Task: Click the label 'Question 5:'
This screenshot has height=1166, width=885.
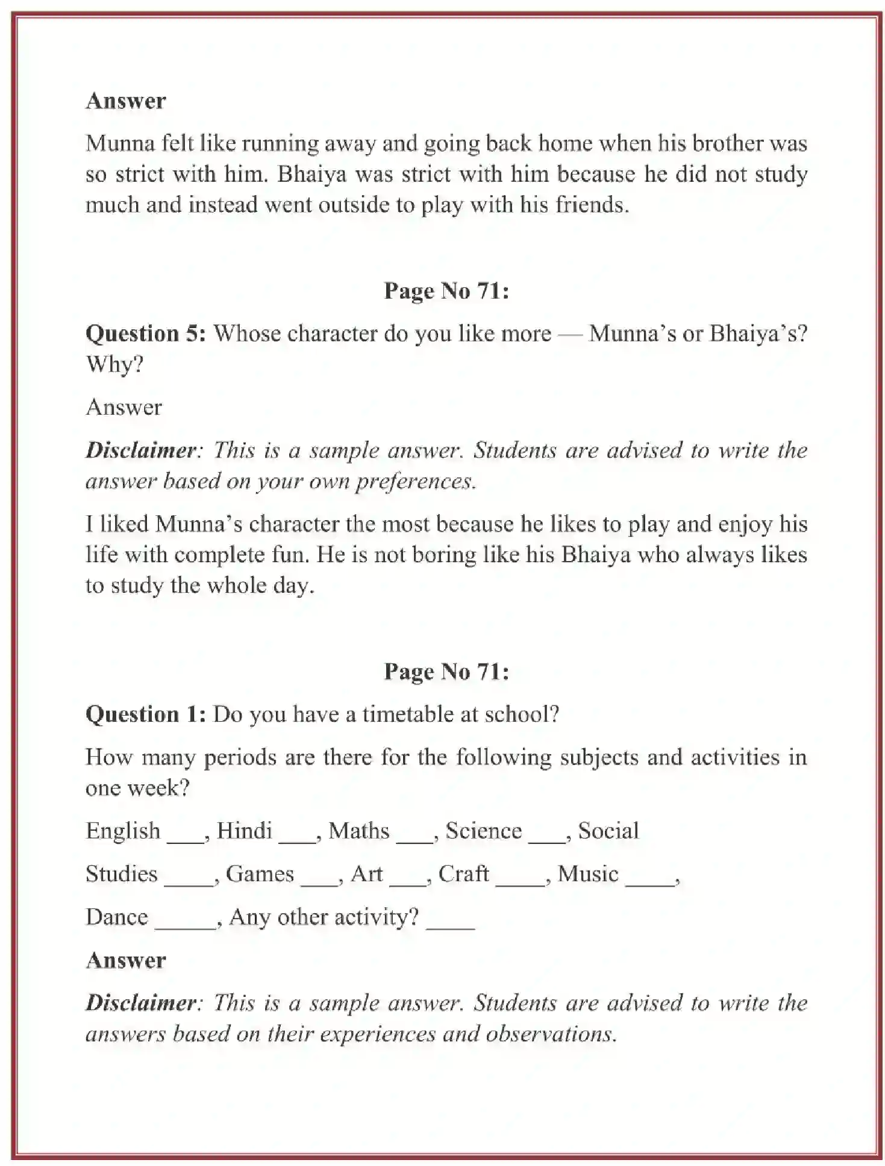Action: pos(145,333)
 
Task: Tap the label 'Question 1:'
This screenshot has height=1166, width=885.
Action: pos(145,715)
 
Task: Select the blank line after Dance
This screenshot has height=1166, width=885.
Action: pos(185,926)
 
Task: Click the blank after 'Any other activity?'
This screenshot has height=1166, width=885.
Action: pos(450,926)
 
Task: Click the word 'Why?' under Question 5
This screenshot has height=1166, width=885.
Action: pos(114,364)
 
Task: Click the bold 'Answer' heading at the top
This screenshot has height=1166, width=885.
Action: pos(125,101)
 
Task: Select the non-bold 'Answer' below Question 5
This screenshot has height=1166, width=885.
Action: pos(124,408)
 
